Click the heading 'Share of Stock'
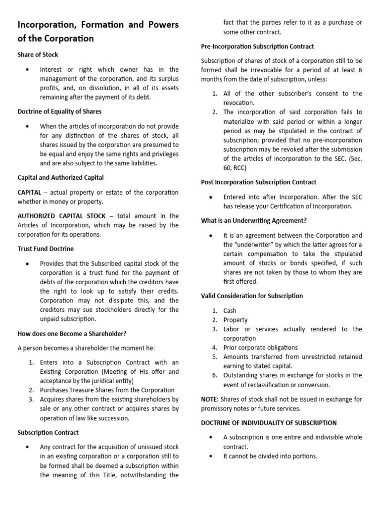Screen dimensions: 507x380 pos(38,54)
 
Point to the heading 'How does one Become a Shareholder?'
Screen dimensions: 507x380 pos(72,333)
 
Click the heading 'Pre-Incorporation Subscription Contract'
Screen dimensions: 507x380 pos(257,46)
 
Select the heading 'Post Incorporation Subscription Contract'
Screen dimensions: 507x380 pos(258,182)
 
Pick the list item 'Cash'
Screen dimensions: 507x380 pos(230,311)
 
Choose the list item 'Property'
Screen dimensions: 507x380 pos(236,320)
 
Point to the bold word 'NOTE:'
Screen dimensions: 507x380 pos(210,399)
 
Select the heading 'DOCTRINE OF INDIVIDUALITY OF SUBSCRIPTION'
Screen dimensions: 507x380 pos(269,423)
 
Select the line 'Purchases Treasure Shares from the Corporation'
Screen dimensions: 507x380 pos(107,390)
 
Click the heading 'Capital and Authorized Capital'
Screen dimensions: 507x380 pos(61,177)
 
